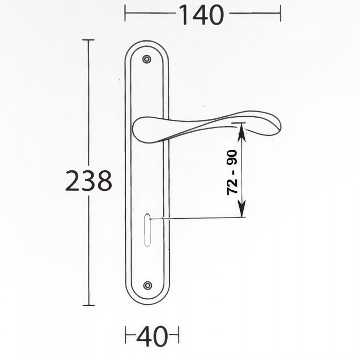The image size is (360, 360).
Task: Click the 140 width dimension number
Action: [201, 15]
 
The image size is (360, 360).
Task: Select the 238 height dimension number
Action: [89, 181]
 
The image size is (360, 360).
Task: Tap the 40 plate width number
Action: [152, 336]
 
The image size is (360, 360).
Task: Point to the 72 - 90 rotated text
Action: [232, 172]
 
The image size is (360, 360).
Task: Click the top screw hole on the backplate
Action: [147, 59]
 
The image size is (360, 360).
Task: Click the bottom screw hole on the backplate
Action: [148, 285]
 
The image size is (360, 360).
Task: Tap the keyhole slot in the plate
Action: [147, 230]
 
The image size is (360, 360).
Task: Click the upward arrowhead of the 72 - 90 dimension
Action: [241, 133]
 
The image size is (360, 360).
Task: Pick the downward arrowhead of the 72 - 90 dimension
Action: [242, 208]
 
